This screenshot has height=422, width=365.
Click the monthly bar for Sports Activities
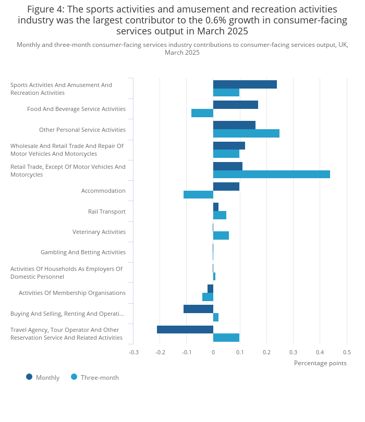245,84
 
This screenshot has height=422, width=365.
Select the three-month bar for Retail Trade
271,175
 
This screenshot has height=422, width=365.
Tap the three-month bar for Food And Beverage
202,113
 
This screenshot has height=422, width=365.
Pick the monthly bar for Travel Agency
185,329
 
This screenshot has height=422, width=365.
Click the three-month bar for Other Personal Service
246,133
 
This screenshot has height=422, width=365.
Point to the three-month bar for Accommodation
198,195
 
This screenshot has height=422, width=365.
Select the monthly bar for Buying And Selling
198,309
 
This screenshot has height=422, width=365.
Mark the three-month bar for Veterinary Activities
221,235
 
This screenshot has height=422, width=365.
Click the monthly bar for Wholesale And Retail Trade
229,146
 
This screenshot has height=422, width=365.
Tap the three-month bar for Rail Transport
220,215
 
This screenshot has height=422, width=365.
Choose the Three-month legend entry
95,377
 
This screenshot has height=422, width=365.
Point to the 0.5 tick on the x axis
347,352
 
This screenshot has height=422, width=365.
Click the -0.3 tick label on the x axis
134,352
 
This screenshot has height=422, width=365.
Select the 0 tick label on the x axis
213,352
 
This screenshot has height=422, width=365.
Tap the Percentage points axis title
320,363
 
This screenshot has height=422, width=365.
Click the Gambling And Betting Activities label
83,252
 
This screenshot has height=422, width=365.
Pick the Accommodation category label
103,191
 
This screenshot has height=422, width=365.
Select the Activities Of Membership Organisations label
72,293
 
